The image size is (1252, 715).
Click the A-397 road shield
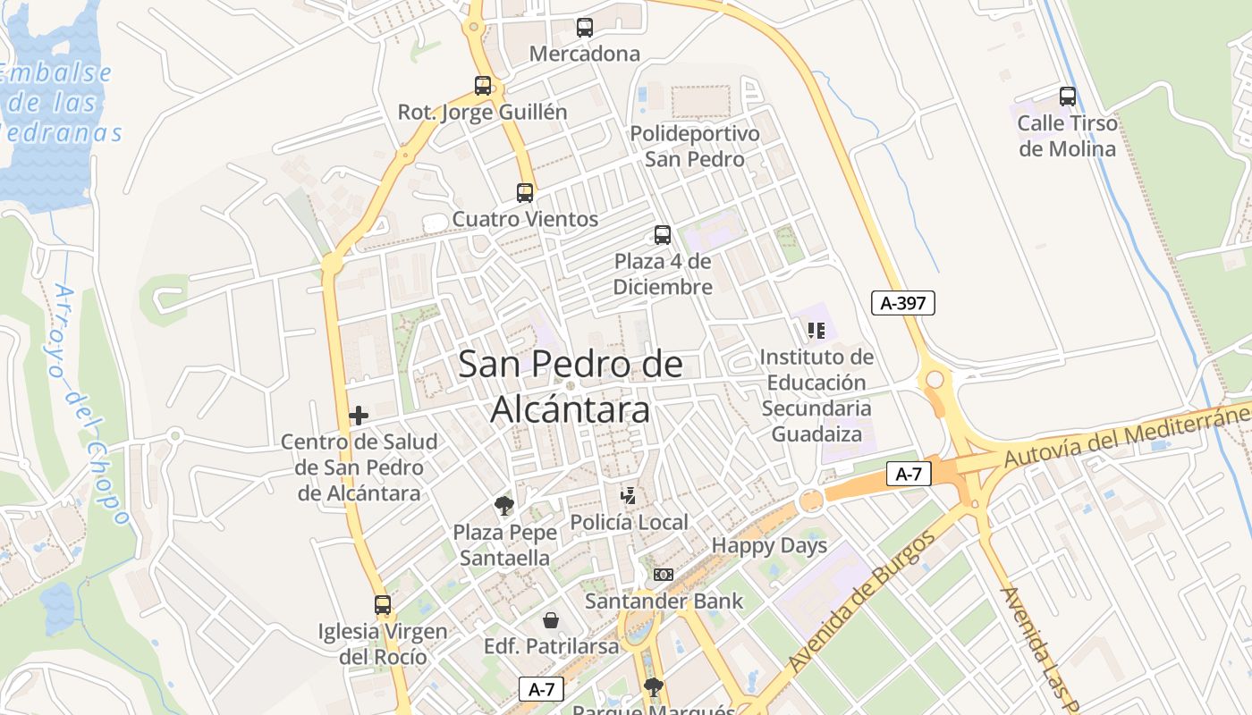point(903,303)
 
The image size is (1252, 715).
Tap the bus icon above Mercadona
point(585,28)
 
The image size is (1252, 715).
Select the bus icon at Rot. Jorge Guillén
point(483,86)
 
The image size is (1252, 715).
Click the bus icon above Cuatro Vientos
point(525,192)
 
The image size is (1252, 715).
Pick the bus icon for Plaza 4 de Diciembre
point(663,235)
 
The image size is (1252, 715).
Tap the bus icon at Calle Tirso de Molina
point(1067,97)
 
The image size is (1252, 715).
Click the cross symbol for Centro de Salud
point(359,416)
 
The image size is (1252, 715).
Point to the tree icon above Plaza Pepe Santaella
point(504,506)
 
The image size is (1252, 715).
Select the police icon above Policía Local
point(630,496)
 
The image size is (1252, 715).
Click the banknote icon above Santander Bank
point(664,575)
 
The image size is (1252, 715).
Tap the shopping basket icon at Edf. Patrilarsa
point(551,619)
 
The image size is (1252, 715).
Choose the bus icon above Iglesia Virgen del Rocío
point(383,605)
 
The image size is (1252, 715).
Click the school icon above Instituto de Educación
point(816,331)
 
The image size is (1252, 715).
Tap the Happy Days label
point(769,546)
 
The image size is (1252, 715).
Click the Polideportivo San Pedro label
point(695,147)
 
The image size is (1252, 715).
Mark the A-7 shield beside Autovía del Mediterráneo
point(909,474)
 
